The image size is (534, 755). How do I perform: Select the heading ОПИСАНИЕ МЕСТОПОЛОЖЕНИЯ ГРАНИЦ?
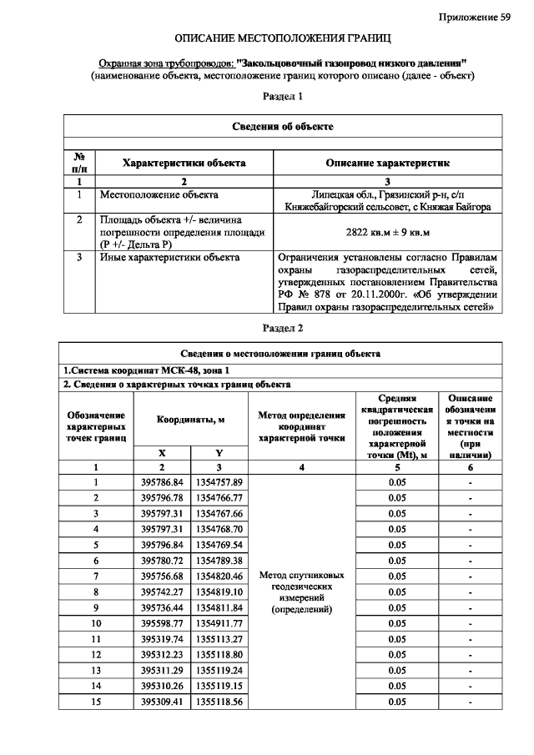tap(282, 39)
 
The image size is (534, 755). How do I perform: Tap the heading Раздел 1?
tap(282, 97)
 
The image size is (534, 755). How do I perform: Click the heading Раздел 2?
tap(282, 328)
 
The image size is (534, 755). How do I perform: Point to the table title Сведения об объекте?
tap(282, 126)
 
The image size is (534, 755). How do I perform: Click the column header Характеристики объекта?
tap(184, 164)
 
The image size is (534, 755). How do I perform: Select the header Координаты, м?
tap(191, 420)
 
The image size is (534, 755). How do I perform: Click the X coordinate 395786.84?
tap(163, 482)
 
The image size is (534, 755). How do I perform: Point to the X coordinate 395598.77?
tap(163, 622)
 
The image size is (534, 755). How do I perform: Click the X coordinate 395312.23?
tap(163, 654)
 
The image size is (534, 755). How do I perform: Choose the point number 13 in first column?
tap(96, 670)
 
